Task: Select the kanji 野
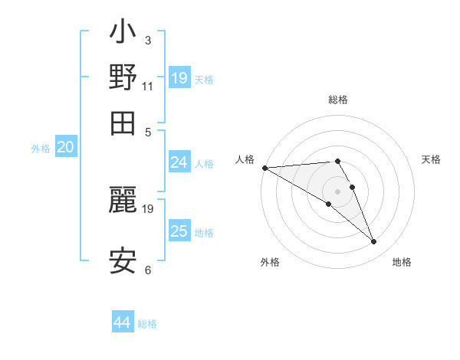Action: (x=123, y=77)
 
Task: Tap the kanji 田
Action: (x=123, y=123)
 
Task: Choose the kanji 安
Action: (x=123, y=261)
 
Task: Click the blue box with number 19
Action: (x=179, y=77)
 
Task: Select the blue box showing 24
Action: (x=179, y=162)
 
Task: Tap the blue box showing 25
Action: (x=179, y=231)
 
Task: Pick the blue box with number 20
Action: (x=65, y=148)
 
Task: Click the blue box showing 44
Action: (x=123, y=322)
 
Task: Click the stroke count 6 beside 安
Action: (x=148, y=270)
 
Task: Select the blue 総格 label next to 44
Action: (x=147, y=324)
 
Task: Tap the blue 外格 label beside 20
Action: (x=41, y=149)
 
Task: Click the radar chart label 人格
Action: (x=245, y=159)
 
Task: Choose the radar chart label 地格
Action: (x=402, y=262)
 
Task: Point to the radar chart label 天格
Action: (x=431, y=159)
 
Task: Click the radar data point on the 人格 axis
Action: (x=264, y=168)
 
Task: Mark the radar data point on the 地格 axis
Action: (x=373, y=242)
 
